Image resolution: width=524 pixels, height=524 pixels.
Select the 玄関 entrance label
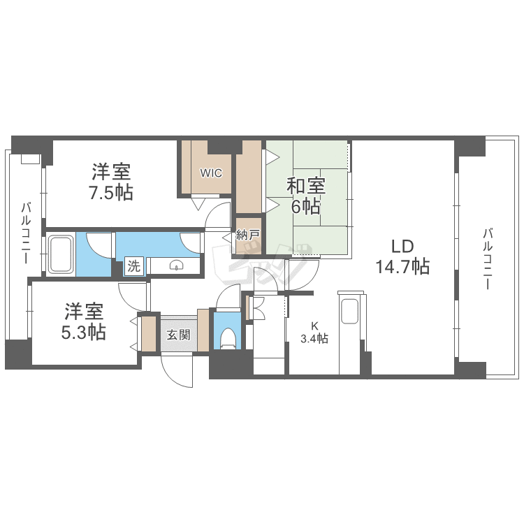coord(177,335)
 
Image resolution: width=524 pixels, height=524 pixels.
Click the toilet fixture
coord(226,340)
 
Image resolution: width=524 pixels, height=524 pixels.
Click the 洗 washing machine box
coord(133,266)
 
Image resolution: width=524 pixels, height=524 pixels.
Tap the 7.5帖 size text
coord(111,192)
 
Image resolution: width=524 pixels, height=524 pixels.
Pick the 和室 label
coord(306,186)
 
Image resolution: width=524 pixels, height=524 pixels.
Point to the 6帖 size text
coord(306,207)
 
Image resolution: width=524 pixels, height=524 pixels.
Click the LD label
coord(403,246)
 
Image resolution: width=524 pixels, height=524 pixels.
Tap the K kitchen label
coord(314,326)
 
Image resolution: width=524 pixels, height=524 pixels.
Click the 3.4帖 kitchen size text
coord(314,339)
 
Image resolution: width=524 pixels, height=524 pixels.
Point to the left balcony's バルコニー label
coord(25,233)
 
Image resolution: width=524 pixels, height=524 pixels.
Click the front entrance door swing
coord(176,368)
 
